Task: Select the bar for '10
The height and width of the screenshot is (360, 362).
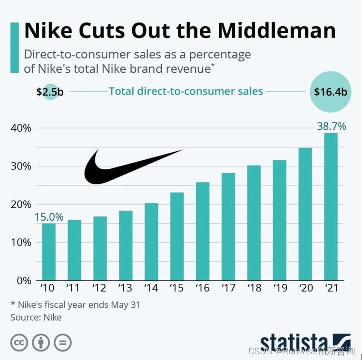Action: (x=49, y=252)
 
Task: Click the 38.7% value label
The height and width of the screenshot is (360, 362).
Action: (x=331, y=126)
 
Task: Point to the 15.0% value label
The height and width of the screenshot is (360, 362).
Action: (x=49, y=217)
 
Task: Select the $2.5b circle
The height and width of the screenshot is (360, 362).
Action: (x=49, y=92)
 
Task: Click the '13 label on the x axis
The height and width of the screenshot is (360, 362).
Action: (x=126, y=288)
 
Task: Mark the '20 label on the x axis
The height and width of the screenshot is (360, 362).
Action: (x=305, y=288)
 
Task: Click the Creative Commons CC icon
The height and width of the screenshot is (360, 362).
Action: (x=20, y=342)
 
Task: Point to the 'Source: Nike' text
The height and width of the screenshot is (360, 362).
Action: (x=36, y=317)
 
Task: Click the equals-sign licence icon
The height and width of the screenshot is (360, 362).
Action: (x=62, y=342)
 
